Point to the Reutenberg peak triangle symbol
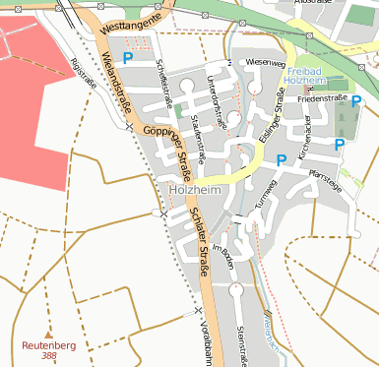click(x=48, y=335)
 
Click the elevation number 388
click(x=49, y=356)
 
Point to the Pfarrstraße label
click(x=325, y=181)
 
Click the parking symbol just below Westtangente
click(x=128, y=60)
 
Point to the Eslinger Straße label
click(x=265, y=114)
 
